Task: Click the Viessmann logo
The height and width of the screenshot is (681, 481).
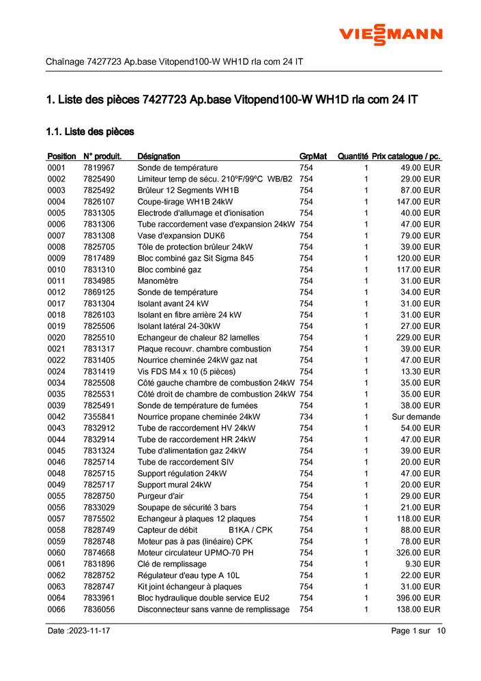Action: click(x=391, y=35)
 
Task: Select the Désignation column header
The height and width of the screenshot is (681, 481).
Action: click(x=159, y=156)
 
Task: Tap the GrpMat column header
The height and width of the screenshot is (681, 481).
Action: click(x=313, y=156)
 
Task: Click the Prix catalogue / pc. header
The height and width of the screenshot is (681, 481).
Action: click(x=406, y=156)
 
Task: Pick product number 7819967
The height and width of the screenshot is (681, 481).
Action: click(x=99, y=168)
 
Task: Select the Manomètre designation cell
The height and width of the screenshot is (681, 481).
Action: click(x=158, y=281)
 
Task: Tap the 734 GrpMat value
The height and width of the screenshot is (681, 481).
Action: click(x=306, y=417)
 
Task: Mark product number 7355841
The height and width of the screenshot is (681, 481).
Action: click(x=99, y=417)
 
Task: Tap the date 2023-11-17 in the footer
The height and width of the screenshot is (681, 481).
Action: click(x=89, y=631)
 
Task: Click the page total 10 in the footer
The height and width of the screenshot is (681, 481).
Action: click(x=441, y=631)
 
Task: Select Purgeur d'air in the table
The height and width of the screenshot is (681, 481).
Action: click(x=160, y=496)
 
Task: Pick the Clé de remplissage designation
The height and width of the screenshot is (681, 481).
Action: click(x=172, y=564)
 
